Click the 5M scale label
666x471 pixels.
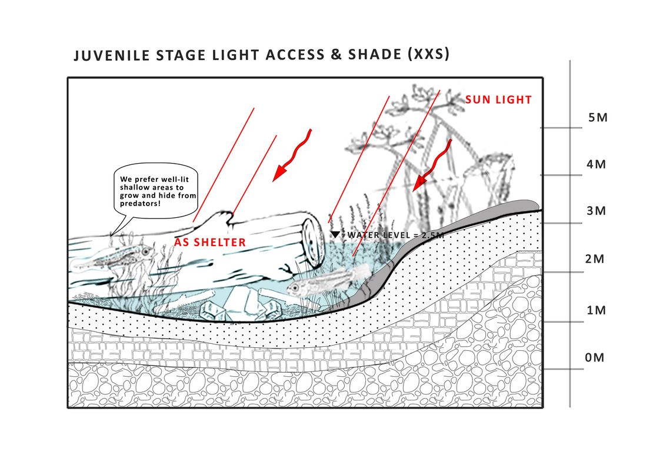click(598, 118)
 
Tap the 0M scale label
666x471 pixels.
click(594, 358)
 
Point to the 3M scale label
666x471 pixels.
click(596, 211)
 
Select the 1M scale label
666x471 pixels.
click(596, 310)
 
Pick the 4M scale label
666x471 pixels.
click(596, 164)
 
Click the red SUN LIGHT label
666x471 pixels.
click(498, 100)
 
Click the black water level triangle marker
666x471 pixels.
click(335, 234)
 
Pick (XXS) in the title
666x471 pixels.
click(428, 54)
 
